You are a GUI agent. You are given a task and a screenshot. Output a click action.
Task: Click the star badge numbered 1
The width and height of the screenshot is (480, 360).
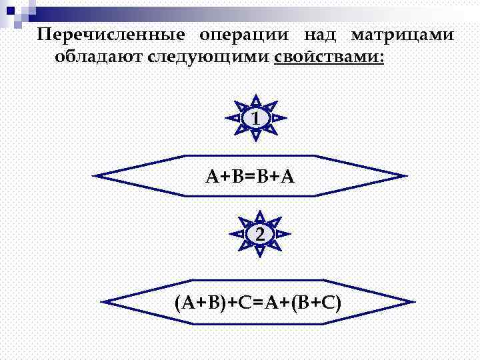(x=257, y=118)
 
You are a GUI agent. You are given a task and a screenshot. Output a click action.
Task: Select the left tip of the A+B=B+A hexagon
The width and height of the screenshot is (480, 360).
(x=95, y=177)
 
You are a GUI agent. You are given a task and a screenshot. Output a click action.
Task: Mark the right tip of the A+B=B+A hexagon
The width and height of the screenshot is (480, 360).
(x=405, y=177)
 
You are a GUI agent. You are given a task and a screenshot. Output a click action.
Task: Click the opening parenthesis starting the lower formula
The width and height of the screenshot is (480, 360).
(x=178, y=303)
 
